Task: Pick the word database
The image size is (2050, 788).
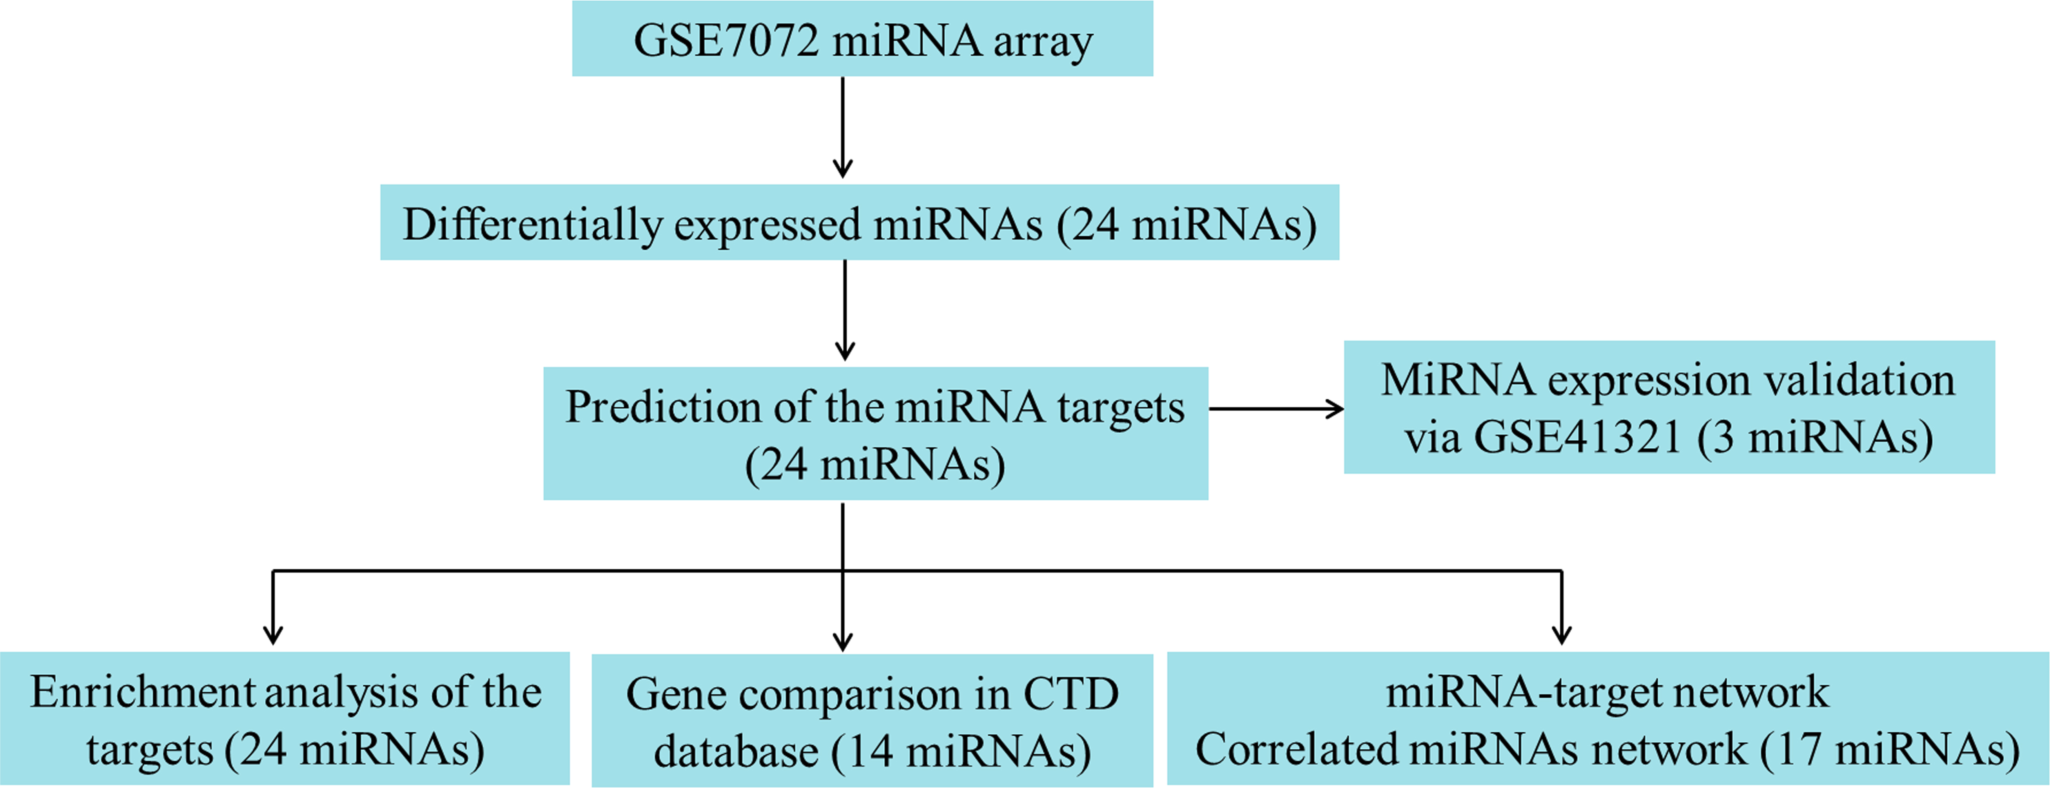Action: [x=736, y=752]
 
